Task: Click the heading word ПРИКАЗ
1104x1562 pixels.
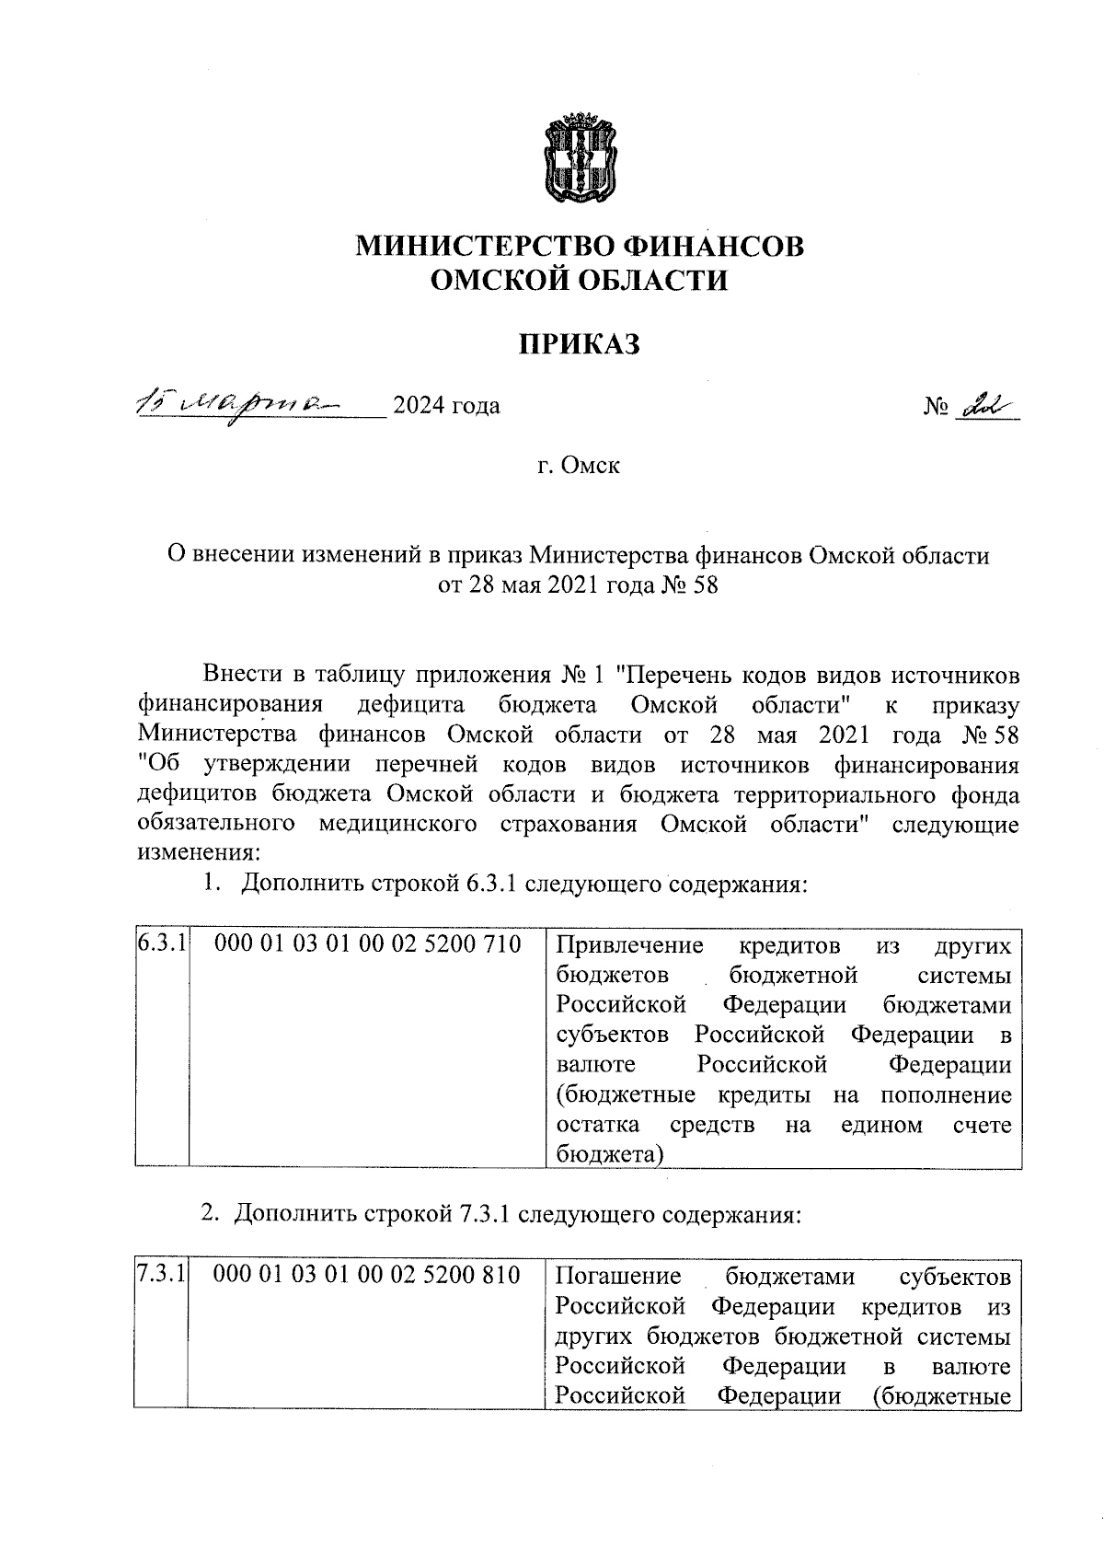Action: click(579, 344)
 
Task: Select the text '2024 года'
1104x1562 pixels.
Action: click(446, 406)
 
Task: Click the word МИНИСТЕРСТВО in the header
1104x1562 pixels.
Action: click(485, 247)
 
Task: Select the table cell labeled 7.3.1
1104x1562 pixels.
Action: click(161, 1276)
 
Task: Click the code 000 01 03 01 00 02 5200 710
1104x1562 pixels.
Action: click(367, 944)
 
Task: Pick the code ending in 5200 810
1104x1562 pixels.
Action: click(367, 1276)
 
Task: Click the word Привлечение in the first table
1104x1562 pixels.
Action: click(630, 946)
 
